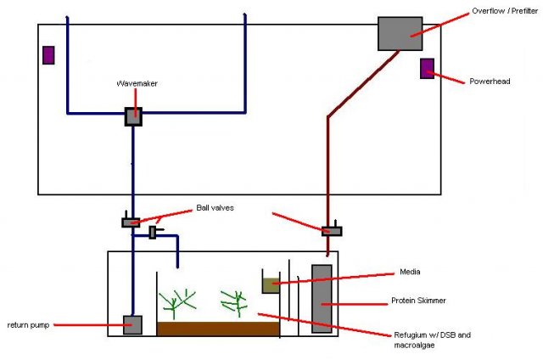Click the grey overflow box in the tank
[400, 32]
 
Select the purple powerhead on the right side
[427, 68]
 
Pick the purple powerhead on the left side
[48, 54]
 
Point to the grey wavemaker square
[133, 117]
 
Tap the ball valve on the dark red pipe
[331, 229]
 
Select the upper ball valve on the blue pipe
[131, 222]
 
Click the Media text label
[411, 273]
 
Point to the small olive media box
[271, 284]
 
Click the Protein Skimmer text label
[419, 301]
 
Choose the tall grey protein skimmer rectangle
[322, 298]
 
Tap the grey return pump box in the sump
[132, 324]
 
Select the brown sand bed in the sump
[218, 329]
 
